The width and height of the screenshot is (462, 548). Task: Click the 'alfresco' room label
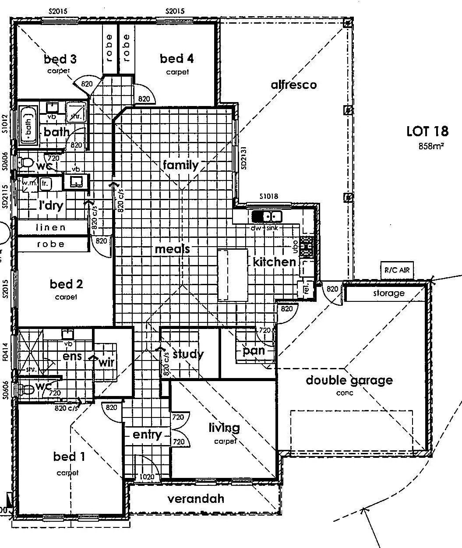point(293,85)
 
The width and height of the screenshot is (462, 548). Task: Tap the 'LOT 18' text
point(427,131)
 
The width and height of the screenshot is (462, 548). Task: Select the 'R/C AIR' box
point(397,270)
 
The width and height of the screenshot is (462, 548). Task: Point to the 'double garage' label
point(349,380)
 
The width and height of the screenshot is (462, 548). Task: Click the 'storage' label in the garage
point(388,293)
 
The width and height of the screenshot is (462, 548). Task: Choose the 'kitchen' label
point(274,262)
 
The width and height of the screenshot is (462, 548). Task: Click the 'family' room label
point(180,165)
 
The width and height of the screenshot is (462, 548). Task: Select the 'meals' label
point(172,249)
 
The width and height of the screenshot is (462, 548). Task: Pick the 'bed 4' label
point(176,58)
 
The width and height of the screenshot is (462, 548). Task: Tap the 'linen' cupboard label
point(50,227)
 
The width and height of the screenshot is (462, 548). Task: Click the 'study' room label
point(188,354)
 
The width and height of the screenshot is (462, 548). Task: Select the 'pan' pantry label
point(254,350)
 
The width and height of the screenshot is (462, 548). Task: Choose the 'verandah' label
point(196,499)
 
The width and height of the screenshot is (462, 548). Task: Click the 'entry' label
point(147,435)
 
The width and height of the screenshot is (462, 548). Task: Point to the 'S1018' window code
point(268,197)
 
